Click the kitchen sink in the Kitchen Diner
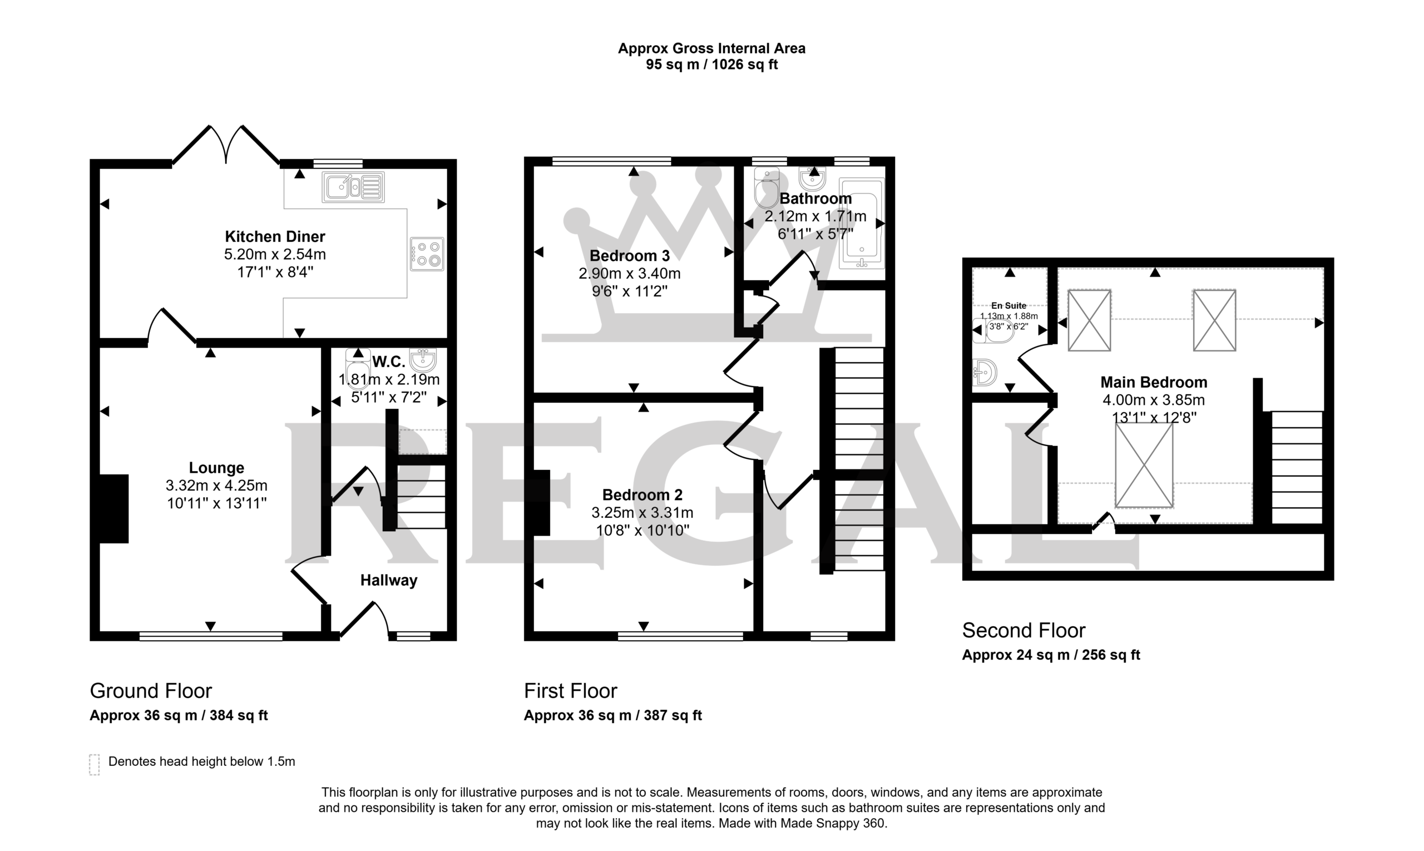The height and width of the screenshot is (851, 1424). coord(353,187)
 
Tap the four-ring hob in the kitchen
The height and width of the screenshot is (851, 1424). coord(427,254)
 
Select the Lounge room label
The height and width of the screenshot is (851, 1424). coord(217,468)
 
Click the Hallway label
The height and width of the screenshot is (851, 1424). coord(389,580)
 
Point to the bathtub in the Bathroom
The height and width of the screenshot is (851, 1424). coord(862,223)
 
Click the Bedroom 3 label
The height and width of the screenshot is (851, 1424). coord(630,256)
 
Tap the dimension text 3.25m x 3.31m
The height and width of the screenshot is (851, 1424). coord(642,513)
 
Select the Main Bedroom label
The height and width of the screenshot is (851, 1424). coord(1154,383)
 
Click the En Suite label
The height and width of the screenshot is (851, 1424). coord(1009,306)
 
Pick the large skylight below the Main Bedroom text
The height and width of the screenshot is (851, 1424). coord(1144,465)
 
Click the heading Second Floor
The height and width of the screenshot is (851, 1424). coord(1023,631)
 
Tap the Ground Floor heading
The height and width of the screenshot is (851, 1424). coord(151,691)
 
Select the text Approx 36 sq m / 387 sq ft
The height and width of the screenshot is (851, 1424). coord(613,716)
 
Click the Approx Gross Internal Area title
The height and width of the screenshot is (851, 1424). coord(711,49)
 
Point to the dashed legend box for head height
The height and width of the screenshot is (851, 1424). coord(95,765)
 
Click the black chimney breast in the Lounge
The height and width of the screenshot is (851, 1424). coord(113,508)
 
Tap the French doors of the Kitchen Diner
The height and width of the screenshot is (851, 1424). coord(226,145)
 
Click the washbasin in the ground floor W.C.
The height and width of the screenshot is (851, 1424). coord(423,359)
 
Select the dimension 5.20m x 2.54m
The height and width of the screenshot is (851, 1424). coord(275,254)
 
